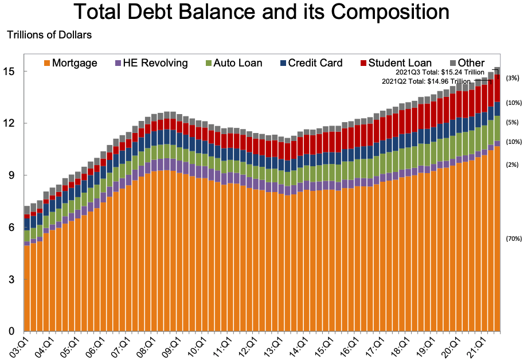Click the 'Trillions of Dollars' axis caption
point(49,35)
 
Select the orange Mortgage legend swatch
point(47,62)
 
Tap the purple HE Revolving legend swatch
point(119,62)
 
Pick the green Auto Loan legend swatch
point(209,62)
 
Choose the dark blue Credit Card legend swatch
point(284,62)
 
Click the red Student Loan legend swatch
point(363,62)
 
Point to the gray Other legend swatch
point(453,62)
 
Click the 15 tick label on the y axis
point(12,72)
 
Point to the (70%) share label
point(514,238)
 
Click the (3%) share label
point(513,77)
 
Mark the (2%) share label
point(513,165)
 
